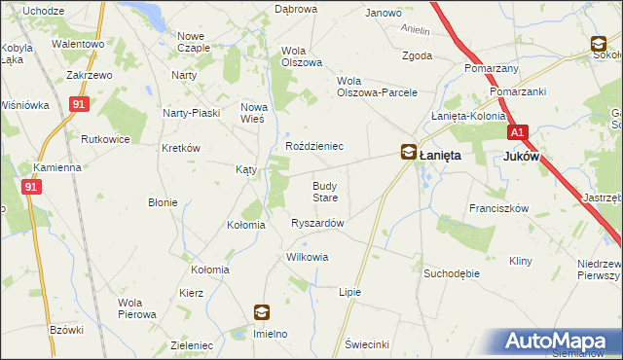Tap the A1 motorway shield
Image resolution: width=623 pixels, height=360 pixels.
pos(516,132)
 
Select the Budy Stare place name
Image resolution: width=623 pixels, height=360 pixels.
pos(324,191)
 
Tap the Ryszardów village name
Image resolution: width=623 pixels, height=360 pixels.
pos(317,223)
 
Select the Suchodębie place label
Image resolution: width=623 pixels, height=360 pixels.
pos(452,273)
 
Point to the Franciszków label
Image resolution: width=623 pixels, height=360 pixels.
pos(497,208)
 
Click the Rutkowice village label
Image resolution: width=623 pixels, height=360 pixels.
pos(106,139)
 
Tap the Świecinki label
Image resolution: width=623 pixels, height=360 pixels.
pos(368,344)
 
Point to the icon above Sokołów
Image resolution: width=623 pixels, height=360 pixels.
pos(599,44)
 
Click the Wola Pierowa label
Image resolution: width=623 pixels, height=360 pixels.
pos(137,308)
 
